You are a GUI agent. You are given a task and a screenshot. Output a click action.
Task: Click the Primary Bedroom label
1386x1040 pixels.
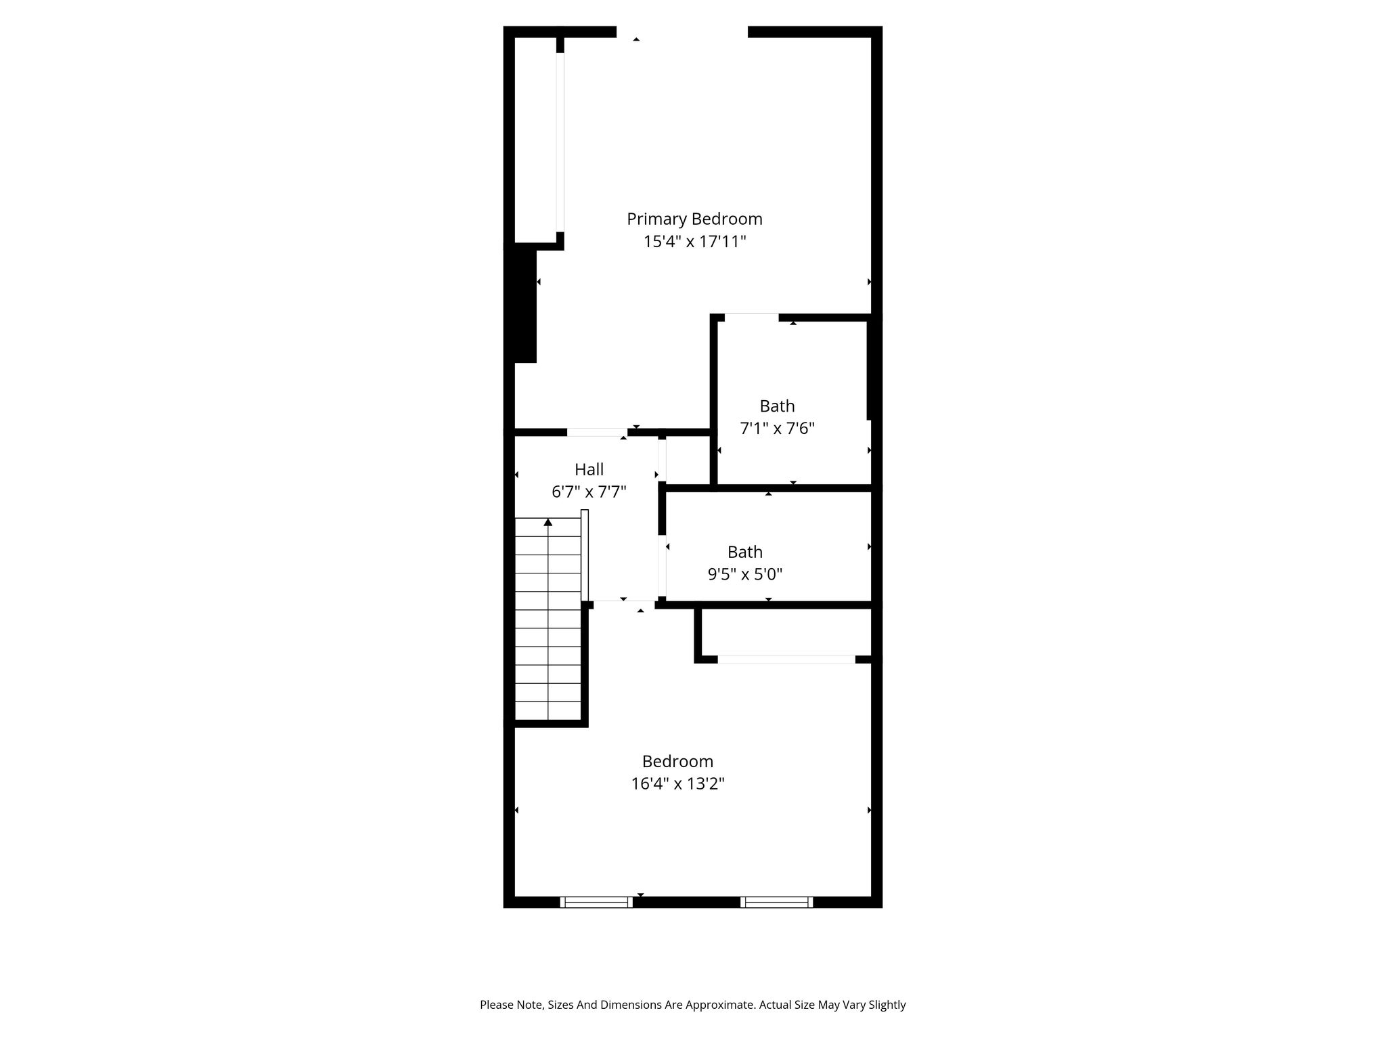pyautogui.click(x=694, y=219)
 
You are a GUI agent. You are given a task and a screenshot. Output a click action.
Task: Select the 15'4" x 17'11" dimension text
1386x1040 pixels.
pyautogui.click(x=694, y=242)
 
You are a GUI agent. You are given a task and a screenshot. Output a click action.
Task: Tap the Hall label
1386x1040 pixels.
pyautogui.click(x=589, y=469)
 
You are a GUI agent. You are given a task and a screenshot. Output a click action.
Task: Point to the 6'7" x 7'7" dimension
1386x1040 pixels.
pyautogui.click(x=589, y=492)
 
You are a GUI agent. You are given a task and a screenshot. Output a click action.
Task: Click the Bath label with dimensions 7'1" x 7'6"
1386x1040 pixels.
pyautogui.click(x=777, y=406)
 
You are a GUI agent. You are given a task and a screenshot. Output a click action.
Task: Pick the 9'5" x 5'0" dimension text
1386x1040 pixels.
pyautogui.click(x=745, y=575)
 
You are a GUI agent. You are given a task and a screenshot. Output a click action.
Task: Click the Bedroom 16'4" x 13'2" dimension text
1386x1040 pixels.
pyautogui.click(x=678, y=784)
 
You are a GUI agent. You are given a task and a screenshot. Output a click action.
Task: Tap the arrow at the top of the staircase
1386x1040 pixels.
pyautogui.click(x=548, y=522)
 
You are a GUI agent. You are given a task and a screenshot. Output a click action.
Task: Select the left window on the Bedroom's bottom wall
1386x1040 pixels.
pyautogui.click(x=596, y=902)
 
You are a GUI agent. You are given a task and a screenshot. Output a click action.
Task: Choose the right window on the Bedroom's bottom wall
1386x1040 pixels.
pyautogui.click(x=776, y=902)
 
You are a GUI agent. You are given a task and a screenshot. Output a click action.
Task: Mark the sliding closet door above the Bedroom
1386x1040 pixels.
pyautogui.click(x=786, y=659)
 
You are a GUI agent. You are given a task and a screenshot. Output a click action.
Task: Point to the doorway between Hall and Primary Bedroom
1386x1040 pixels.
pyautogui.click(x=597, y=432)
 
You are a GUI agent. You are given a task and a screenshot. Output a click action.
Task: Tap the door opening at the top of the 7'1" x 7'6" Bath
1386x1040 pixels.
pyautogui.click(x=751, y=317)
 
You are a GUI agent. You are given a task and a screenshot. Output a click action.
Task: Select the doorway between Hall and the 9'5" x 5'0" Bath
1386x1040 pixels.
pyautogui.click(x=662, y=565)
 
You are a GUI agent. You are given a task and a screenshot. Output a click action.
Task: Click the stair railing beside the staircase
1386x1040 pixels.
pyautogui.click(x=585, y=555)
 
